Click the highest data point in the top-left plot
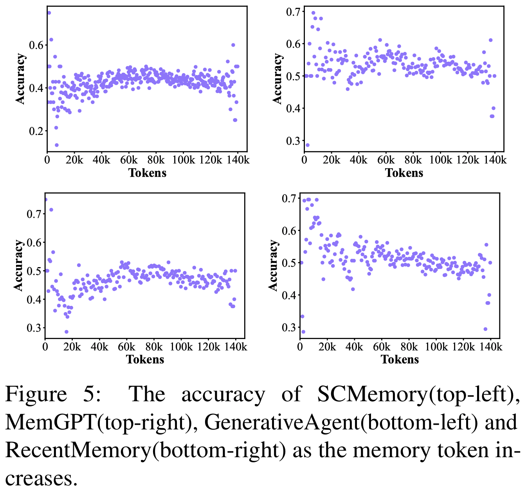49,13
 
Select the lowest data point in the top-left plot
57,145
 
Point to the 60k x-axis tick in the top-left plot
129,160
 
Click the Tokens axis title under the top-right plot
404,173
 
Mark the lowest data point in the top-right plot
307,145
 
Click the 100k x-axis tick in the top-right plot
440,160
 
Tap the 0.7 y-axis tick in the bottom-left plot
34,214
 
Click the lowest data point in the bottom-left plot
67,332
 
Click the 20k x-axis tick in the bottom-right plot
328,347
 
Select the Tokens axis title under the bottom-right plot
400,359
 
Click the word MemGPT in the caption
51,422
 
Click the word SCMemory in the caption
372,394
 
